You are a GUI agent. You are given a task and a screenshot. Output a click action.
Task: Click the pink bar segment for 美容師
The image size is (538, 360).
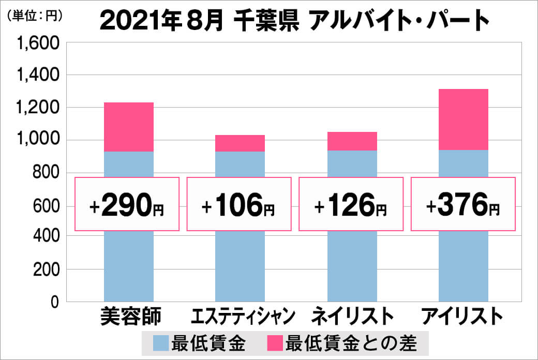coord(129,127)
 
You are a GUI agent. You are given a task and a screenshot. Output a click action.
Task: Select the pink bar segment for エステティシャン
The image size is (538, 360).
coord(240,143)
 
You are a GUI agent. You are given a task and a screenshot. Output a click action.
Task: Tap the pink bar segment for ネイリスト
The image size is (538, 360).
coord(352,141)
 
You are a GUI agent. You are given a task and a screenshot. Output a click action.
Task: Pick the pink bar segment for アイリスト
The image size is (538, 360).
coord(463,119)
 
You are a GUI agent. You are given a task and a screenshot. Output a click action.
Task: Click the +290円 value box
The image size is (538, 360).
coord(127,204)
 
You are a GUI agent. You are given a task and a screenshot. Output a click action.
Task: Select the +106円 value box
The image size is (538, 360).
coord(239,204)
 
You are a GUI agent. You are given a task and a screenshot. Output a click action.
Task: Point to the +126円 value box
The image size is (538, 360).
coord(351,204)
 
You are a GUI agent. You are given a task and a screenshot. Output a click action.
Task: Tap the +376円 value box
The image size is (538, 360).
coord(463,204)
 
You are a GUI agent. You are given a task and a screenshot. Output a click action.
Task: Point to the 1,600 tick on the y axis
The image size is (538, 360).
coord(39,43)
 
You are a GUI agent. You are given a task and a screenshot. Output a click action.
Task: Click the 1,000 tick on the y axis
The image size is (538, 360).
coord(39,140)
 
